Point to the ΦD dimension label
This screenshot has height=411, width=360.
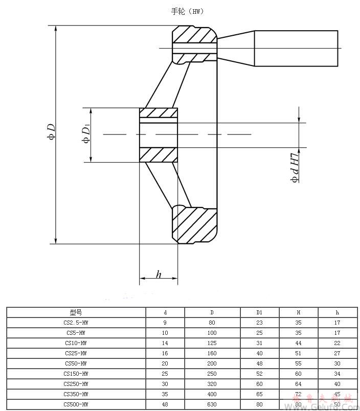coord(51,131)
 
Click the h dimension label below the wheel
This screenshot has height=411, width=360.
coord(159,275)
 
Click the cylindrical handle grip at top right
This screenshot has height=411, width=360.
coord(296,49)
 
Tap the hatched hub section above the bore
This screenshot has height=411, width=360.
coord(159,112)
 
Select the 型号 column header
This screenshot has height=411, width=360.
coord(76,312)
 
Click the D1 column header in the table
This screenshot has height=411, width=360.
coord(259,312)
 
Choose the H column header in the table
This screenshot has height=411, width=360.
coord(298,312)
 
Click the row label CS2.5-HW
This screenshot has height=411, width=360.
coord(76,323)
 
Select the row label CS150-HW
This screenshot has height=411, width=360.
coord(76,373)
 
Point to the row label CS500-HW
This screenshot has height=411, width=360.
coord(76,404)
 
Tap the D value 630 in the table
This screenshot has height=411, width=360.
coord(212,404)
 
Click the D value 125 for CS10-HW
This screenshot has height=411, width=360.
coord(212,342)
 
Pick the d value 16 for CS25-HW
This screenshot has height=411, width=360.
coord(165,353)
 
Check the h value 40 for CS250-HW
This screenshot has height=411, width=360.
coord(337,383)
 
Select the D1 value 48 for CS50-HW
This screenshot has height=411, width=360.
coord(259,363)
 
